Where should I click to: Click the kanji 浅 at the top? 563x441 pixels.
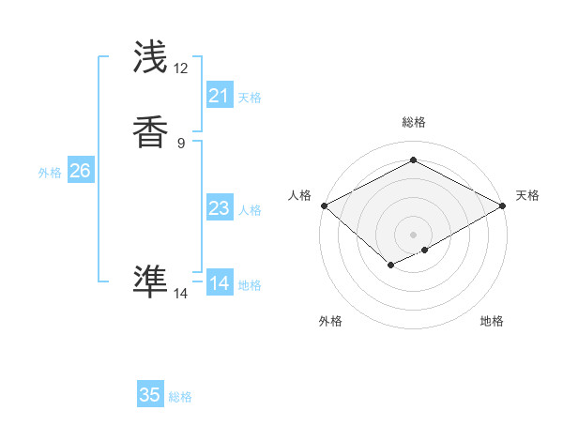(x=151, y=57)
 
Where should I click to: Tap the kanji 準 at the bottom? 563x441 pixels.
(x=151, y=281)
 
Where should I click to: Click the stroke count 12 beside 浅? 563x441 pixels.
(x=181, y=68)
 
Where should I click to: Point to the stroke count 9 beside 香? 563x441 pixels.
(x=181, y=143)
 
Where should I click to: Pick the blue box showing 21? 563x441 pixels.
(x=219, y=96)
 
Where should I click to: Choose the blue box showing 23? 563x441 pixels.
(x=219, y=208)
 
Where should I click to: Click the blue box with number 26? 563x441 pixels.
(x=80, y=171)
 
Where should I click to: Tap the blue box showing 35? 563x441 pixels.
(x=150, y=395)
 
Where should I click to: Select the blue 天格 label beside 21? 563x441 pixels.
(x=250, y=98)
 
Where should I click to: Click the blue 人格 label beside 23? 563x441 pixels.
(x=250, y=210)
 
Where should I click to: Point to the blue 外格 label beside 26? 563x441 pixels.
(x=50, y=173)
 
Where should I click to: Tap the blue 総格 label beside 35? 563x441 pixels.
(x=180, y=397)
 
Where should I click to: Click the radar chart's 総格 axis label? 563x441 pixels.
(x=413, y=122)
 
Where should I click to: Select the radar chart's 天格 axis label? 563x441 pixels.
(x=527, y=195)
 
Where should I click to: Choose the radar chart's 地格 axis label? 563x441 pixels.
(x=492, y=321)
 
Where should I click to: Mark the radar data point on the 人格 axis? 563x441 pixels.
(x=324, y=205)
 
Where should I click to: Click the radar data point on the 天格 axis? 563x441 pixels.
(x=503, y=205)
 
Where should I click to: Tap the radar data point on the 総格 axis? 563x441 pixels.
(x=413, y=160)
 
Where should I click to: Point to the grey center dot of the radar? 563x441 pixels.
(x=413, y=234)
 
